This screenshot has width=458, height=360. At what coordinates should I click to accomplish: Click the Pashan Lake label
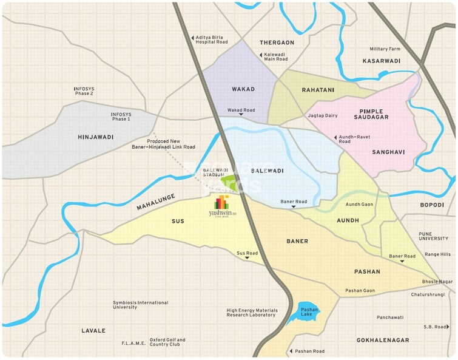pyautogui.click(x=309, y=313)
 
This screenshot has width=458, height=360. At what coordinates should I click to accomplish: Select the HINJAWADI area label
pyautogui.click(x=96, y=137)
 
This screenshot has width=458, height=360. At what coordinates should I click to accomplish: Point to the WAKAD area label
pyautogui.click(x=243, y=89)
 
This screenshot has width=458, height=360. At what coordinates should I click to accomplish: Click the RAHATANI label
pyautogui.click(x=318, y=90)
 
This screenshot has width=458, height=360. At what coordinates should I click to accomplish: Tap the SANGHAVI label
pyautogui.click(x=388, y=152)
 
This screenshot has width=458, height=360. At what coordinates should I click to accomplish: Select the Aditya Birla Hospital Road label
pyautogui.click(x=211, y=39)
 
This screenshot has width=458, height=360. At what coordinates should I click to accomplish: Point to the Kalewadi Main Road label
pyautogui.click(x=275, y=56)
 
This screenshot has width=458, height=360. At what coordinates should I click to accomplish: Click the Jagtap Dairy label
pyautogui.click(x=323, y=115)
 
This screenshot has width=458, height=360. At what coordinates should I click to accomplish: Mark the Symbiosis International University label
pyautogui.click(x=141, y=305)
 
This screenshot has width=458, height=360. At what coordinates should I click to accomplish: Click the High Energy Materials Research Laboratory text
pyautogui.click(x=252, y=313)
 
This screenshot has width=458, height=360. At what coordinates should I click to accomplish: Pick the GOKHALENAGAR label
pyautogui.click(x=383, y=341)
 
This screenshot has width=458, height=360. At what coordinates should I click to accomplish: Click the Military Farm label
pyautogui.click(x=385, y=49)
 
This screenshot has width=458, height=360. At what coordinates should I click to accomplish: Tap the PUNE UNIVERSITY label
pyautogui.click(x=433, y=236)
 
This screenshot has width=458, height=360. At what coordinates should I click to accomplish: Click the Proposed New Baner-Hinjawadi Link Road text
pyautogui.click(x=163, y=144)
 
